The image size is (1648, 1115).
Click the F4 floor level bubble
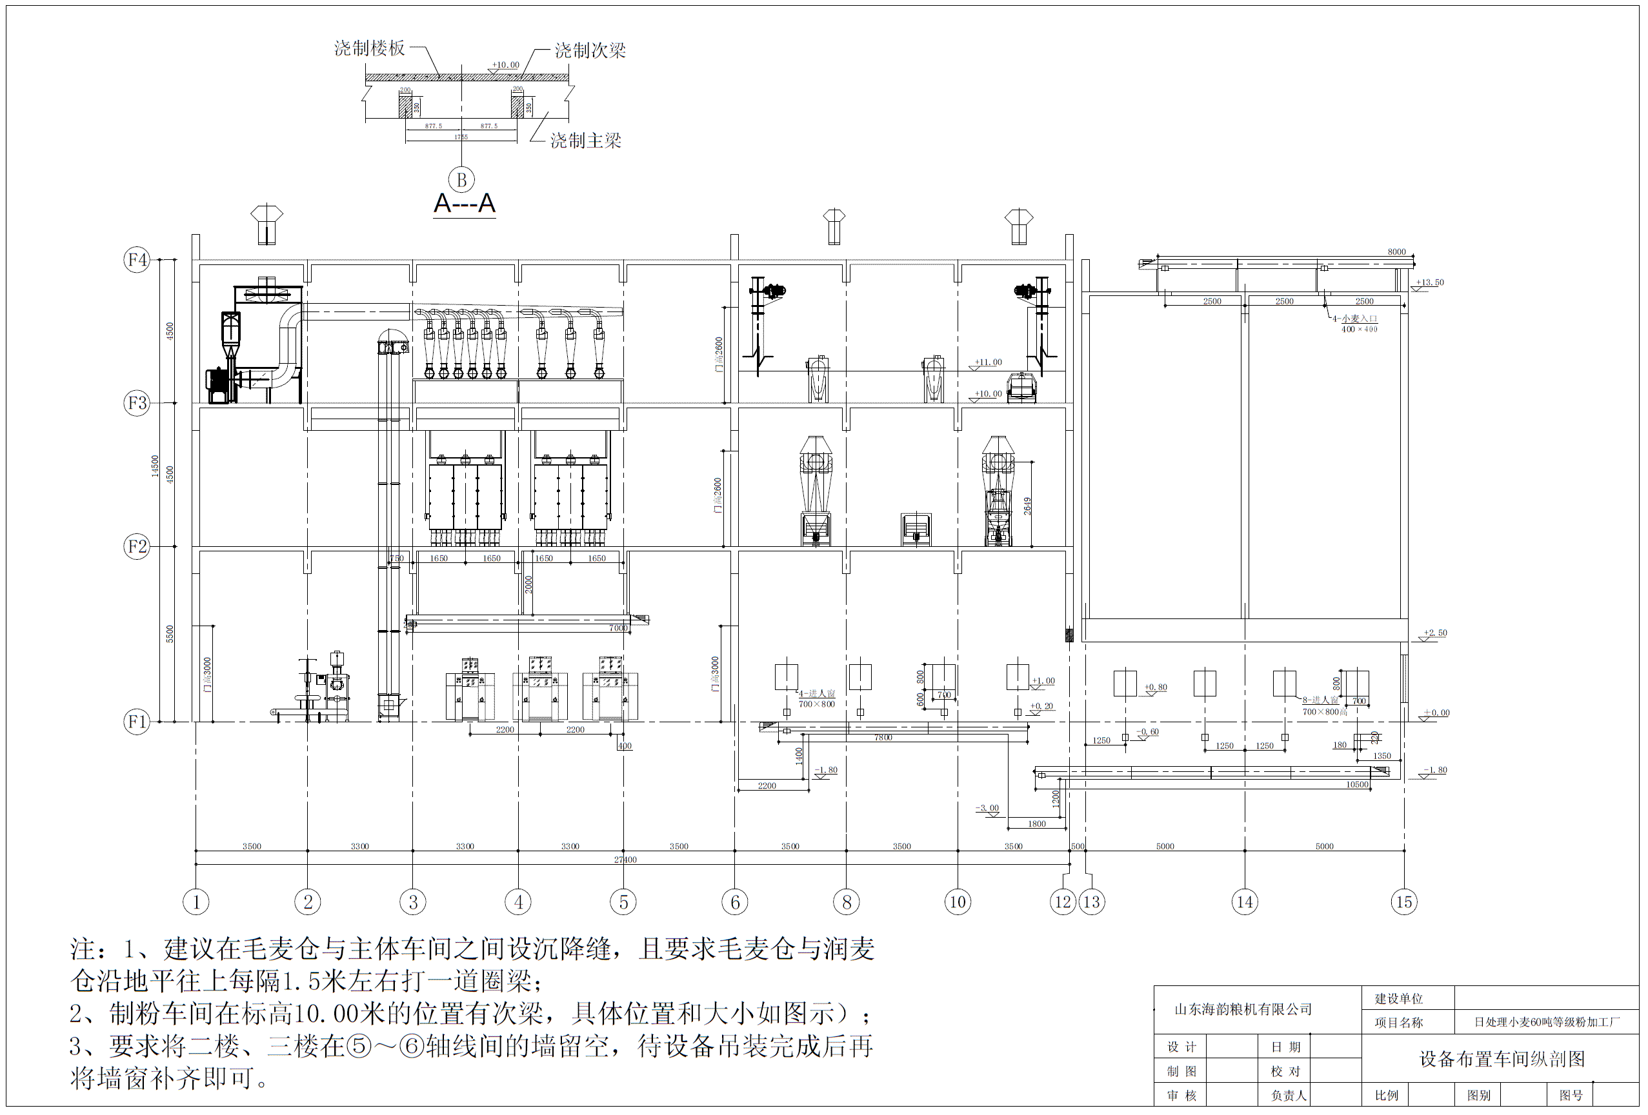[x=137, y=259]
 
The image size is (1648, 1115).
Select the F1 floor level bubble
[x=137, y=722]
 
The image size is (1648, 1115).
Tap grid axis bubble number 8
[x=846, y=902]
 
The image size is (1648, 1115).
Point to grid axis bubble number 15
[x=1403, y=902]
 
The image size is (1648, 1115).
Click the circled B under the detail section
[x=461, y=179]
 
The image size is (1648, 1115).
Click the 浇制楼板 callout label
[x=370, y=48]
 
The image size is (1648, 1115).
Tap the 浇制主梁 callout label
[x=586, y=141]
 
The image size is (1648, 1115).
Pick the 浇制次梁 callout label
[x=590, y=50]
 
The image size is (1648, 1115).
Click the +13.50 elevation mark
[x=1430, y=282]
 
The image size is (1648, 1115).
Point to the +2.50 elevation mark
[x=1435, y=633]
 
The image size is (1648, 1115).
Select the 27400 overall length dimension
[x=625, y=860]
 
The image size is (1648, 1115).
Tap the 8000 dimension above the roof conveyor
[x=1396, y=252]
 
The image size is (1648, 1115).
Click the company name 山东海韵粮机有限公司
[x=1243, y=1009]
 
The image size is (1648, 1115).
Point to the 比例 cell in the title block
[x=1386, y=1095]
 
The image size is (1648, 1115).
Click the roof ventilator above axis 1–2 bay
[x=266, y=224]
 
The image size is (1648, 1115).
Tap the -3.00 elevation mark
[x=987, y=808]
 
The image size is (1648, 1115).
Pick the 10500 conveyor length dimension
[x=1356, y=785]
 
